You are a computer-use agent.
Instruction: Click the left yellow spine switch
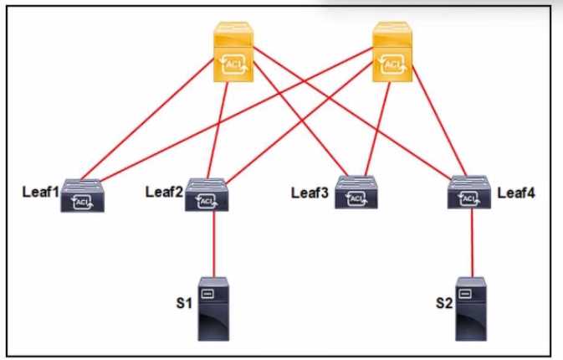(x=233, y=52)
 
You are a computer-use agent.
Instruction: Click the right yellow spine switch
(x=392, y=52)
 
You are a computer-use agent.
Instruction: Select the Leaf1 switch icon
(x=82, y=195)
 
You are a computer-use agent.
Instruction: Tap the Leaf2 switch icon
(x=207, y=194)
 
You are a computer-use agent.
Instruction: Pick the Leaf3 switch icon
(x=356, y=193)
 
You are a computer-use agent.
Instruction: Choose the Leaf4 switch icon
(x=469, y=192)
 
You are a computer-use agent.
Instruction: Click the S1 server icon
(x=213, y=309)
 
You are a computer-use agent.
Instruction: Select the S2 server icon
(x=471, y=309)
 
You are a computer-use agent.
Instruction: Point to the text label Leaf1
(x=41, y=192)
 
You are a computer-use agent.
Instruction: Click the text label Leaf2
(x=164, y=192)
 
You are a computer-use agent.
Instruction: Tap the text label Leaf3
(x=310, y=193)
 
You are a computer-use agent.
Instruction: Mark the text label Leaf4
(x=516, y=193)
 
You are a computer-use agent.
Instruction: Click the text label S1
(x=184, y=304)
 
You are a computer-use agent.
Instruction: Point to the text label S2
(x=444, y=304)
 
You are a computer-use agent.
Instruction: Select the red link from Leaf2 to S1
(x=214, y=244)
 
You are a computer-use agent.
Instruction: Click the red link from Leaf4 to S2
(x=472, y=243)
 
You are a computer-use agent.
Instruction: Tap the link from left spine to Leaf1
(x=148, y=119)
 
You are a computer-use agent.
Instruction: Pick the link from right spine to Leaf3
(x=377, y=129)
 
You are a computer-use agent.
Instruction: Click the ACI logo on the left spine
(x=234, y=64)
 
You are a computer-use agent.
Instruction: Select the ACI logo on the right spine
(x=392, y=64)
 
